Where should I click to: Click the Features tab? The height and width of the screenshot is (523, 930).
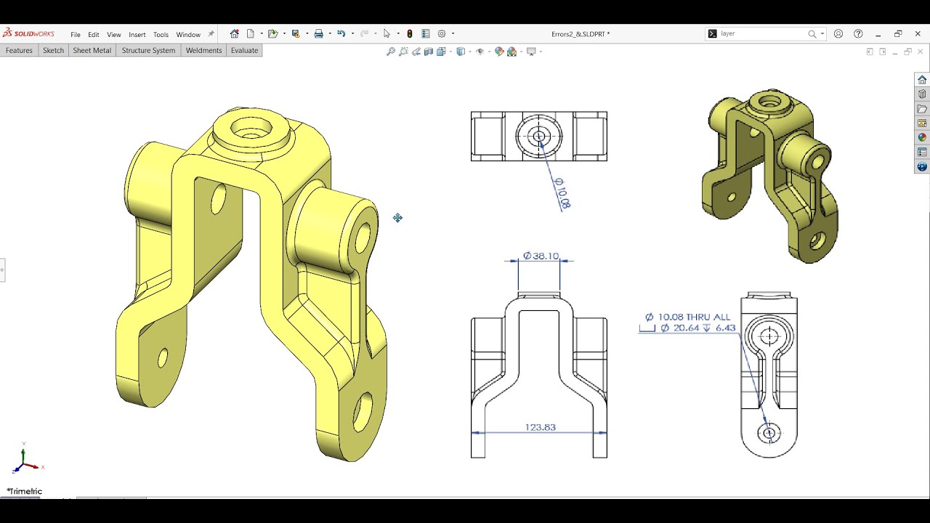point(19,51)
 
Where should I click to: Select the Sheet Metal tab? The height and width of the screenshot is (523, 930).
point(92,51)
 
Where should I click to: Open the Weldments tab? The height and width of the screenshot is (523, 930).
point(203,51)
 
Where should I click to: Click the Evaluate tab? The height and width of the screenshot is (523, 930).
point(244,51)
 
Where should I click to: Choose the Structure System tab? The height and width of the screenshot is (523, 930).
point(148,51)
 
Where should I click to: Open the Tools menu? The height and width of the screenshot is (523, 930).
point(161,34)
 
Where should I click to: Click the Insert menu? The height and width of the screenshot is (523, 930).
point(137,34)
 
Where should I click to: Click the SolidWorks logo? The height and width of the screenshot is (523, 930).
point(29,33)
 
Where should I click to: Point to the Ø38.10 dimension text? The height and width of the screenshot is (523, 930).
point(541,256)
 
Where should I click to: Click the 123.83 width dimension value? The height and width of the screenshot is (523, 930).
point(540,427)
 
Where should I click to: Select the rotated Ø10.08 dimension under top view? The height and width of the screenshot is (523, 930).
point(562,193)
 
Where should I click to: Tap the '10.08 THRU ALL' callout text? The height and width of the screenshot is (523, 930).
point(694,317)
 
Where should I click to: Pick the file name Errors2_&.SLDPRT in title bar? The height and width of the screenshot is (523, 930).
point(580,34)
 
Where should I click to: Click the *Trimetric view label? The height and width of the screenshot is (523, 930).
point(25,491)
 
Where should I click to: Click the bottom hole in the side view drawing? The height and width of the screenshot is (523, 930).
point(769,434)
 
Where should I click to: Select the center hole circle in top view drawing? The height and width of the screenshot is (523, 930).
point(539,136)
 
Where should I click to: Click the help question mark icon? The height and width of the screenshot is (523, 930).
point(858,33)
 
